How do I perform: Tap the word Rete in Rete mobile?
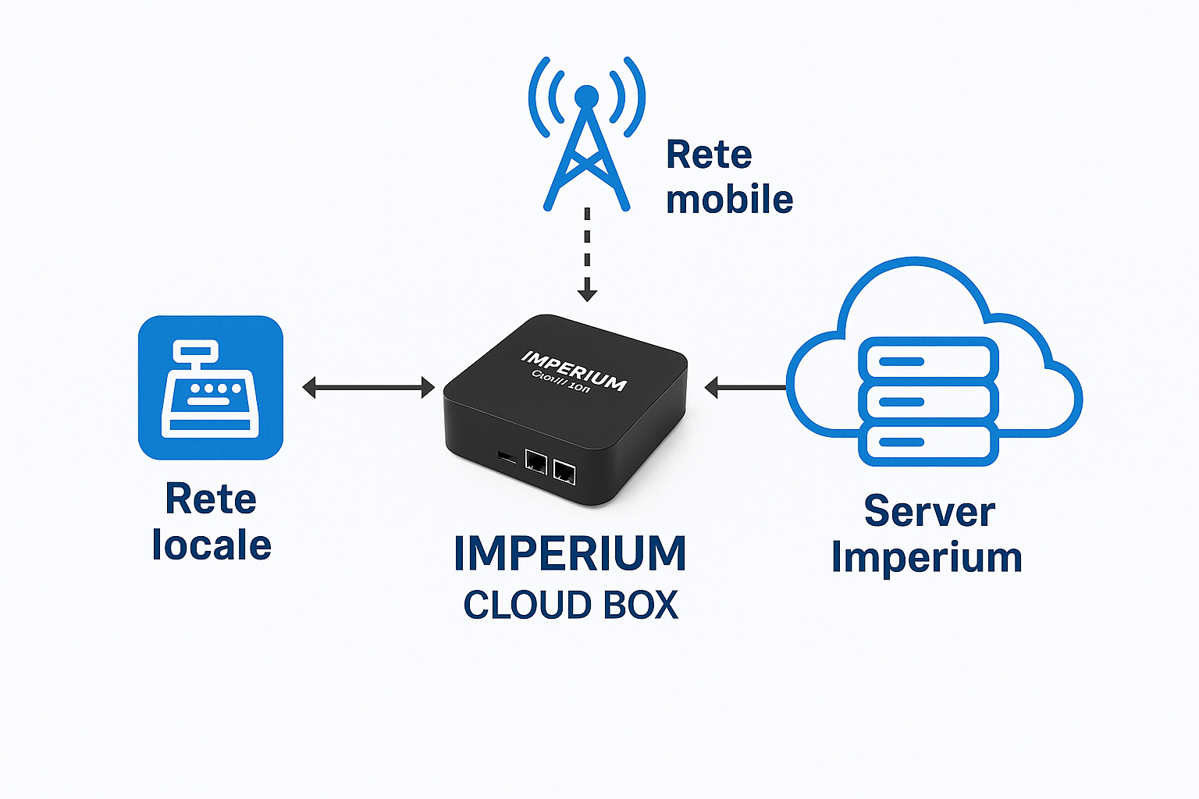click(x=709, y=155)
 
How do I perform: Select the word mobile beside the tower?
click(x=729, y=200)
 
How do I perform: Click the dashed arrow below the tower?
click(x=587, y=254)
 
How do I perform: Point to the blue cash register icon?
click(x=211, y=388)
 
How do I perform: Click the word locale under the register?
click(x=212, y=545)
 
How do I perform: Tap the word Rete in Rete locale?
click(x=211, y=499)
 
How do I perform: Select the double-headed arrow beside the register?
click(x=368, y=387)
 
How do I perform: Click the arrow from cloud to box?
click(x=745, y=387)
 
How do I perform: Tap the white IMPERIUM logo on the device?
click(x=574, y=370)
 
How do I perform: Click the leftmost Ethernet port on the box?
click(x=535, y=461)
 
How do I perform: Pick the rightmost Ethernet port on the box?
click(x=564, y=471)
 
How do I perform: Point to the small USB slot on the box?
click(x=507, y=456)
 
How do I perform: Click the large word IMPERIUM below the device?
click(x=570, y=554)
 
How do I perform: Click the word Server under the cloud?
click(x=929, y=513)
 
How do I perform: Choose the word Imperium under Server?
click(x=927, y=558)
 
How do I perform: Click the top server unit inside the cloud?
click(x=928, y=361)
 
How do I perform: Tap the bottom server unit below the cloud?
click(x=928, y=442)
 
